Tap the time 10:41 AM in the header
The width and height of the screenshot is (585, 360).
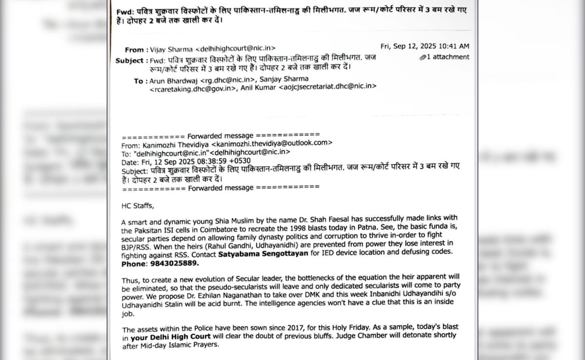click(453, 46)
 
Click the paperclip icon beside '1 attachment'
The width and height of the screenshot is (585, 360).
click(423, 57)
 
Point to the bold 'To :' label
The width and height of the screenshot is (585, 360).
click(138, 80)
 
